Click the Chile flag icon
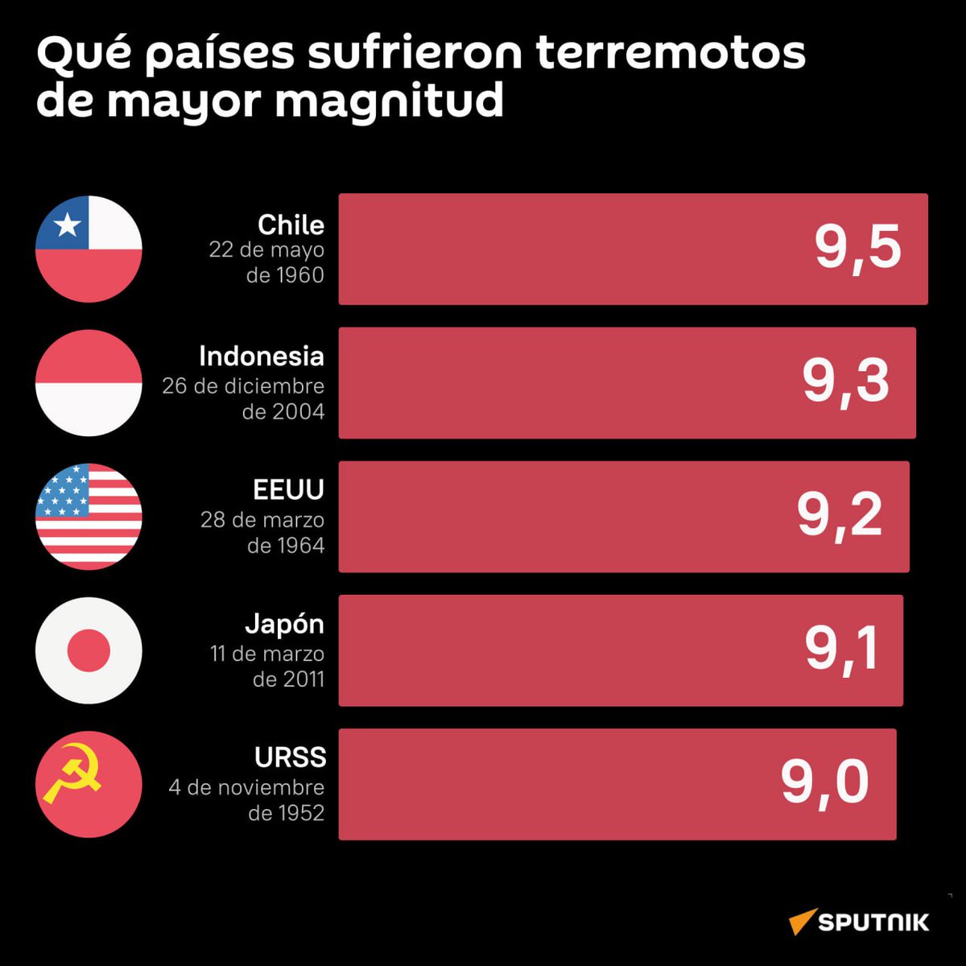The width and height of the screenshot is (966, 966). (x=89, y=249)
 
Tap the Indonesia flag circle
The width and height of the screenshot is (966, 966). (x=89, y=383)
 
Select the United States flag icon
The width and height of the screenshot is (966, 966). (x=89, y=517)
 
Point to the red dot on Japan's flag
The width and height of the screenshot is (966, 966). (x=89, y=650)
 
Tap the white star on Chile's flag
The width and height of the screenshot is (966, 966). (x=67, y=225)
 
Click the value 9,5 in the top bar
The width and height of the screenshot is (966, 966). (x=857, y=248)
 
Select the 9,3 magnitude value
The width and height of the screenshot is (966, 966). (x=845, y=382)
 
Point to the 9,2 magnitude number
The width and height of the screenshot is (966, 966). (x=840, y=515)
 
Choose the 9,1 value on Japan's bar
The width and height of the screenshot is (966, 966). (x=841, y=649)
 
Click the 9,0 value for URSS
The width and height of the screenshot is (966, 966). (x=825, y=782)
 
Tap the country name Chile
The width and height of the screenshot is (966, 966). (x=291, y=225)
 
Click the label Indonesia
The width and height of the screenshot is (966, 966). (x=262, y=357)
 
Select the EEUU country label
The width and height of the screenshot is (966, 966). (x=288, y=490)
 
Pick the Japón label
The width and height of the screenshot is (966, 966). (x=284, y=625)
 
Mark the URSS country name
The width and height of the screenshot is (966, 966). (x=290, y=758)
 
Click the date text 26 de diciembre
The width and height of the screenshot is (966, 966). (x=243, y=386)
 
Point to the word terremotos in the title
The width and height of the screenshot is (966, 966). (x=670, y=54)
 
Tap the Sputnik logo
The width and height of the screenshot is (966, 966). (x=859, y=922)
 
